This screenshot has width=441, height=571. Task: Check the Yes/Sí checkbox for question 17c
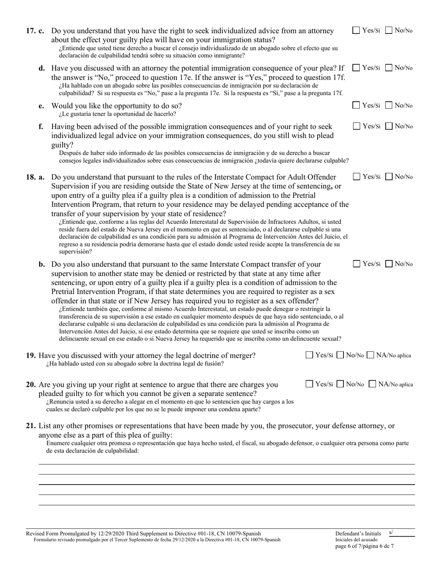tap(356, 31)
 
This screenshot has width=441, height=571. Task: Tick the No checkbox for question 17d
tap(389, 67)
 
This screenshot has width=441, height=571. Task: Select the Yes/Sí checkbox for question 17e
tap(356, 105)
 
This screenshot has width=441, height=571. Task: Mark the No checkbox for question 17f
tap(389, 126)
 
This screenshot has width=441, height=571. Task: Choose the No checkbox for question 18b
tap(389, 264)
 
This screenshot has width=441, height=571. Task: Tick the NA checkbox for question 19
tap(370, 356)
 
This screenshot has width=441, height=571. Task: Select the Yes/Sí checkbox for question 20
tap(310, 384)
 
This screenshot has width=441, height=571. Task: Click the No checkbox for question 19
tap(340, 356)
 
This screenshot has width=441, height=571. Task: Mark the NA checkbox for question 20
tap(372, 384)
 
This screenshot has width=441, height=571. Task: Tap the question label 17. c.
tap(35, 31)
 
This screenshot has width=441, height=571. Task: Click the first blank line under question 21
tap(226, 463)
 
